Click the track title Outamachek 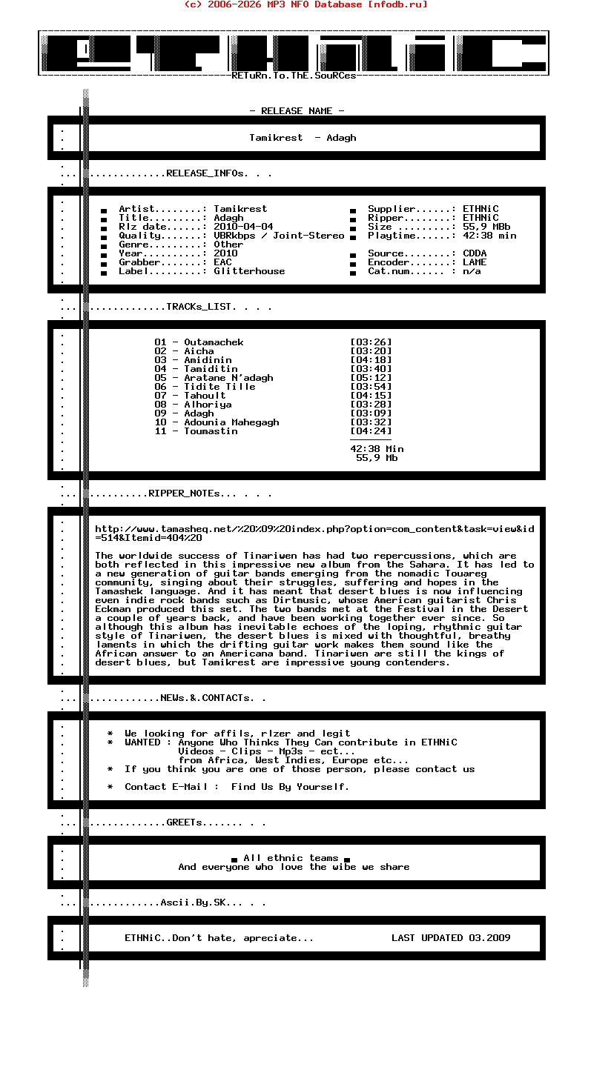(214, 342)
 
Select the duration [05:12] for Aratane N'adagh (371, 378)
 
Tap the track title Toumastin (211, 431)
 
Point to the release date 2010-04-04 (243, 227)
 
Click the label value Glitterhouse (249, 271)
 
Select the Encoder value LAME (475, 262)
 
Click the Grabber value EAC (222, 262)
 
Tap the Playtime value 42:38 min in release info (489, 236)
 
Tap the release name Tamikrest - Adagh (303, 138)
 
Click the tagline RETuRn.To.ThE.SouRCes (294, 76)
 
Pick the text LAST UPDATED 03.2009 (451, 938)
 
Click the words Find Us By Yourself (290, 787)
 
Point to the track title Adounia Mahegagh (231, 422)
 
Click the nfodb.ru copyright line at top (305, 4)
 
